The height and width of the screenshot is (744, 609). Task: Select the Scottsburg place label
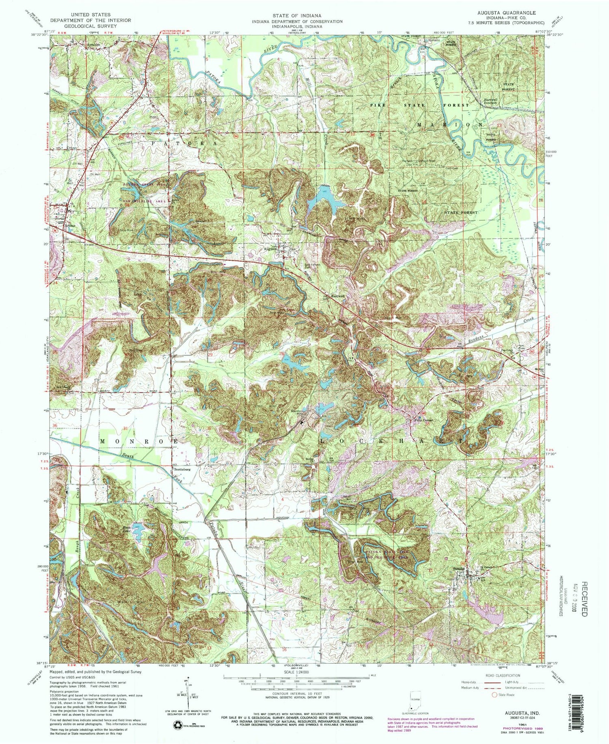[182, 469]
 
